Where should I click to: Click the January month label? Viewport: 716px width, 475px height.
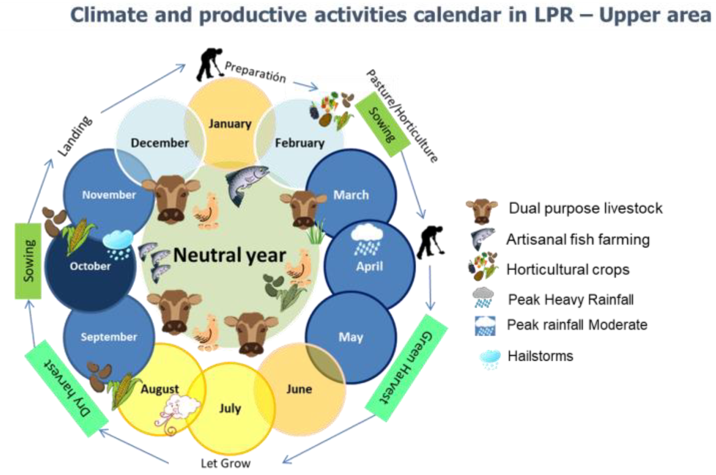(230, 124)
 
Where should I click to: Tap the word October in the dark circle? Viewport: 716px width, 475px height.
(90, 266)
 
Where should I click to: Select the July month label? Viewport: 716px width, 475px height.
(230, 408)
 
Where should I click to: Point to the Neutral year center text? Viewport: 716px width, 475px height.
(230, 255)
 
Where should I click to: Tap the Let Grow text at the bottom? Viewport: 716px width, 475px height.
(226, 463)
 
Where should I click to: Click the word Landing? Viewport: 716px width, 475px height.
(75, 136)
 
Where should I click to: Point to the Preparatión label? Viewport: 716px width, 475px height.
(255, 72)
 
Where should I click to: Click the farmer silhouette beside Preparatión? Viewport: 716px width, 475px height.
(209, 64)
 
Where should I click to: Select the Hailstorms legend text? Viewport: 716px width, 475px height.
(540, 356)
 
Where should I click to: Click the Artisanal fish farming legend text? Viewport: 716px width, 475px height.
(578, 240)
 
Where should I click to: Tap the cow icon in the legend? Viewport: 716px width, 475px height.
(482, 211)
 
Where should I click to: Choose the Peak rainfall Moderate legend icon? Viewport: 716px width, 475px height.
(485, 326)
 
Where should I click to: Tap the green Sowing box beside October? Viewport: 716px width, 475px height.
(28, 261)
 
